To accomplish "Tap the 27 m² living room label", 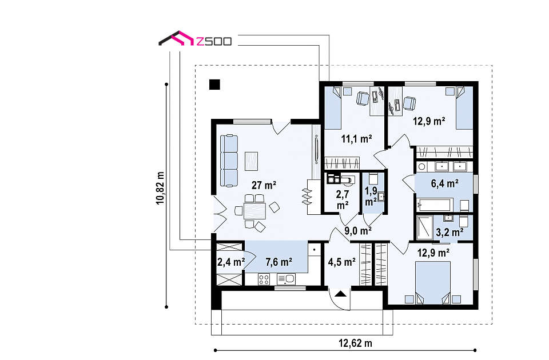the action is (264, 185).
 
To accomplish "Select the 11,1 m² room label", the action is (356, 139).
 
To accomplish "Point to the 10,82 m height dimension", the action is (160, 188).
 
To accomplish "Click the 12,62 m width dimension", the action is (355, 343).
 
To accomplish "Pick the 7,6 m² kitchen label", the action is (279, 262).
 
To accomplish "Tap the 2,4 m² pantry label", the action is (231, 262).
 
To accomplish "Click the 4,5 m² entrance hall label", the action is (342, 262).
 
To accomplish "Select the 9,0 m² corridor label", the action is (358, 230).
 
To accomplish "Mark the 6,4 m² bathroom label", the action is (445, 183).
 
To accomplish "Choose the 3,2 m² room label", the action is (450, 231).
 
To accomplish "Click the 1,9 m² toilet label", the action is (371, 196).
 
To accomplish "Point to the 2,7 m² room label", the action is (343, 200).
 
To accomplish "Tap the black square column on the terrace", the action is (214, 85).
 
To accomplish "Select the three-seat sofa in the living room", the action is (229, 161).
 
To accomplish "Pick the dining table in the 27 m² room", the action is (254, 211).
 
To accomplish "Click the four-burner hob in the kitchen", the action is (264, 279).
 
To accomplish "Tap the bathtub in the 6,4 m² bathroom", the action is (435, 205).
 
